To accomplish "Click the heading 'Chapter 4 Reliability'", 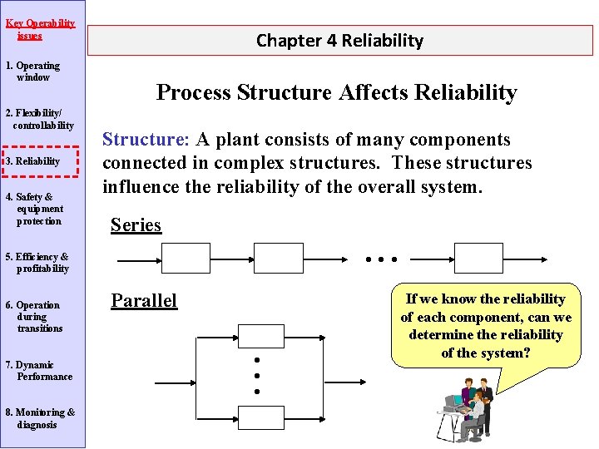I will click(x=339, y=40).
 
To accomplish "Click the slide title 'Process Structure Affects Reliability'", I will click(x=336, y=92).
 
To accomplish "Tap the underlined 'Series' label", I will click(x=136, y=225).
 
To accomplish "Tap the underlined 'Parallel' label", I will click(x=144, y=300).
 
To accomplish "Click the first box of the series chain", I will click(x=186, y=259).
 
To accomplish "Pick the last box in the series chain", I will click(x=478, y=259).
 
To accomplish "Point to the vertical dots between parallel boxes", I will click(x=258, y=375).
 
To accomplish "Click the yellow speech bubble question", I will click(x=486, y=326).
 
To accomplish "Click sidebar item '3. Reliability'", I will click(x=38, y=161).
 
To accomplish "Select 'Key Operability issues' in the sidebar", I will click(x=40, y=29).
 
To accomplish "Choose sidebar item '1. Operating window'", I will click(x=33, y=72).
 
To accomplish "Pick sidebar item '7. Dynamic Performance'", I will click(x=39, y=371).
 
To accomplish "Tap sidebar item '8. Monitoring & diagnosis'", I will click(x=40, y=418).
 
